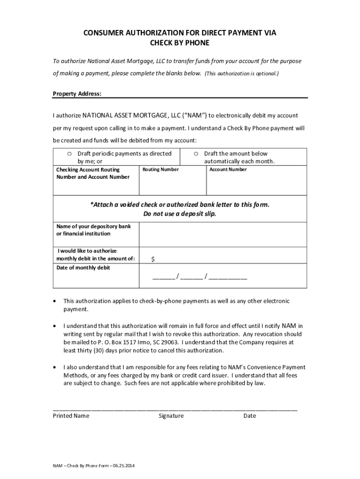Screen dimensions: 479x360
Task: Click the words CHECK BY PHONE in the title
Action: [x=180, y=43]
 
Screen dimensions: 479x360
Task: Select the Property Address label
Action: [x=77, y=94]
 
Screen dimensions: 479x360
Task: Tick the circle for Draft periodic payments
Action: [x=69, y=154]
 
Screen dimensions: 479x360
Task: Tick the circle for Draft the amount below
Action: [x=196, y=154]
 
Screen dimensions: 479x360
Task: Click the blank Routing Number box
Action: [x=173, y=183]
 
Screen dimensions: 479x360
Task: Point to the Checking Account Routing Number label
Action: [x=93, y=173]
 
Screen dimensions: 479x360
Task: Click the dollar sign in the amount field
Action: [x=153, y=259]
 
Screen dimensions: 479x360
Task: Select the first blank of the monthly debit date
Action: [x=163, y=277]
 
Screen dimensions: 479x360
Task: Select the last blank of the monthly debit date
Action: [x=228, y=277]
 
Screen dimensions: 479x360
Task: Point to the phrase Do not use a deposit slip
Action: [x=180, y=214]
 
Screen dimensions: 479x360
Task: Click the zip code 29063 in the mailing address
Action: [x=169, y=342]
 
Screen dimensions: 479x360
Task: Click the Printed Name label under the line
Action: [x=71, y=416]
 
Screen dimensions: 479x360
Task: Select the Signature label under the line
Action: [x=171, y=416]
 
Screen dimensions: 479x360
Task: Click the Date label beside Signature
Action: [x=250, y=416]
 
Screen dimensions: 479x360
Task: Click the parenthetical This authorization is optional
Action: [x=242, y=74]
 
